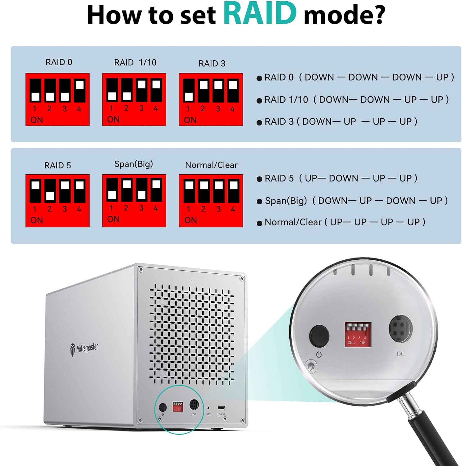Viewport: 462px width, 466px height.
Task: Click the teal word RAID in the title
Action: pyautogui.click(x=260, y=14)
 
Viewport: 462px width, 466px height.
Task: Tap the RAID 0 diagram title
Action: pyautogui.click(x=59, y=62)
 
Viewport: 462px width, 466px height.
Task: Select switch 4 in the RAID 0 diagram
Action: pyautogui.click(x=80, y=91)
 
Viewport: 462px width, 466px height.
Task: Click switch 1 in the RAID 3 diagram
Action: pyautogui.click(x=189, y=91)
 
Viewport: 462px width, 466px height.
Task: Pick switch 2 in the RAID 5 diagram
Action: pyautogui.click(x=50, y=191)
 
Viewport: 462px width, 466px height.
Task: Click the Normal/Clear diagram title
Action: pyautogui.click(x=211, y=165)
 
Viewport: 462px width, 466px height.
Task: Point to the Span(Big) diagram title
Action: pyautogui.click(x=134, y=164)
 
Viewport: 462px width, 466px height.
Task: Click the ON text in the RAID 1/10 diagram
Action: pyautogui.click(x=113, y=120)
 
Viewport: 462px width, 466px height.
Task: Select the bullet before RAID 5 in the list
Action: pyautogui.click(x=259, y=179)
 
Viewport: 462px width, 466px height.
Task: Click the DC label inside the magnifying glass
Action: pyautogui.click(x=400, y=354)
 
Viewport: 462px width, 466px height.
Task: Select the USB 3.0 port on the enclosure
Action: pyautogui.click(x=222, y=408)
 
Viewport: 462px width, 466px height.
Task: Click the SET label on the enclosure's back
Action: pyautogui.click(x=208, y=414)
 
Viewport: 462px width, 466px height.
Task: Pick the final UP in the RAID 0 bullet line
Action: pyautogui.click(x=442, y=77)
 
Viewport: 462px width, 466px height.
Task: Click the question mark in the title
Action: pyautogui.click(x=377, y=15)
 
